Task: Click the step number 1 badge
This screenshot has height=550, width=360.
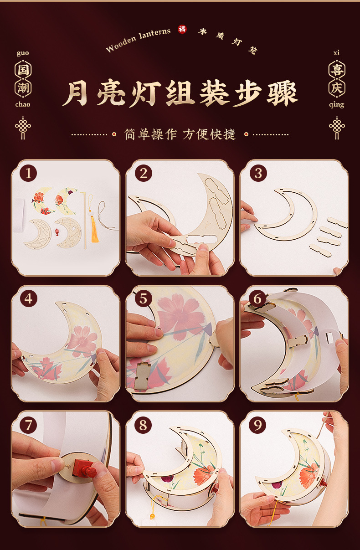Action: [28, 173]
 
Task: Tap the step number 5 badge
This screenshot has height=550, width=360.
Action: [144, 299]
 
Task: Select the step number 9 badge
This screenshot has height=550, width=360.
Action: [257, 425]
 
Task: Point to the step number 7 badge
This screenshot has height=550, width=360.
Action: [28, 425]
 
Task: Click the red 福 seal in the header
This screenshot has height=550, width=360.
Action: [182, 29]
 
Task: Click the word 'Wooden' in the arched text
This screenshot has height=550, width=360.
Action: [121, 45]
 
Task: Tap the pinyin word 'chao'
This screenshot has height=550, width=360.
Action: [23, 104]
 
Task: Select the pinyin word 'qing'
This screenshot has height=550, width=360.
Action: [337, 105]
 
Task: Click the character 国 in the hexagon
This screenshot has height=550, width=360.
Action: [23, 70]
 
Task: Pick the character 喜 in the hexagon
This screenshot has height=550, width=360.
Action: [337, 70]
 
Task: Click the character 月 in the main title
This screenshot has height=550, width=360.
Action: [75, 93]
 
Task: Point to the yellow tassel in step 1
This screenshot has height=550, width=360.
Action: [94, 228]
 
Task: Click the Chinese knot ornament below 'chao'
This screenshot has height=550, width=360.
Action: [23, 128]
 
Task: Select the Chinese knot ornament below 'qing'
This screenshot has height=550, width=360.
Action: [337, 128]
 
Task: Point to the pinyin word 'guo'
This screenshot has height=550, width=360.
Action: [23, 53]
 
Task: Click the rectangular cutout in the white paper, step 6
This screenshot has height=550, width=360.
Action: [330, 338]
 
